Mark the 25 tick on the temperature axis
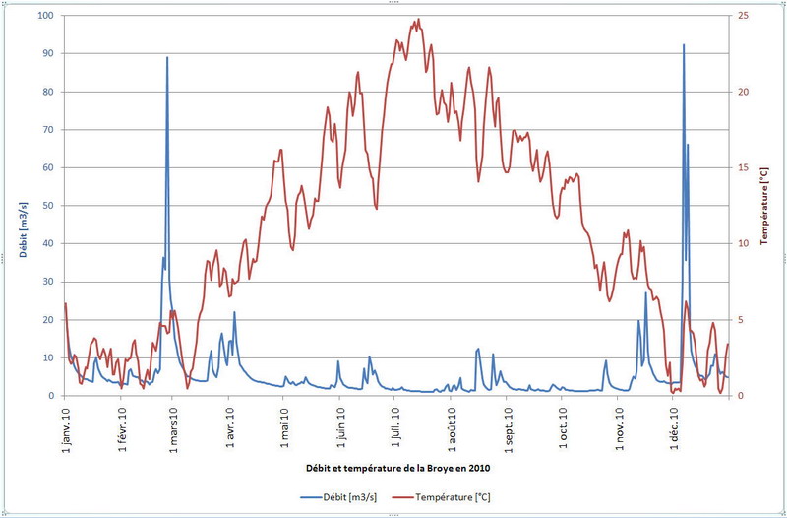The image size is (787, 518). [x=745, y=16]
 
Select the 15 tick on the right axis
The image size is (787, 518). [x=745, y=167]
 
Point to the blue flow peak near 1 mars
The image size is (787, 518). [x=167, y=58]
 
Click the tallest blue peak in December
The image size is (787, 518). [x=684, y=44]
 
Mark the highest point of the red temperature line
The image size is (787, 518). [x=418, y=19]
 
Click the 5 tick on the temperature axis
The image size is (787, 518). [x=743, y=319]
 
